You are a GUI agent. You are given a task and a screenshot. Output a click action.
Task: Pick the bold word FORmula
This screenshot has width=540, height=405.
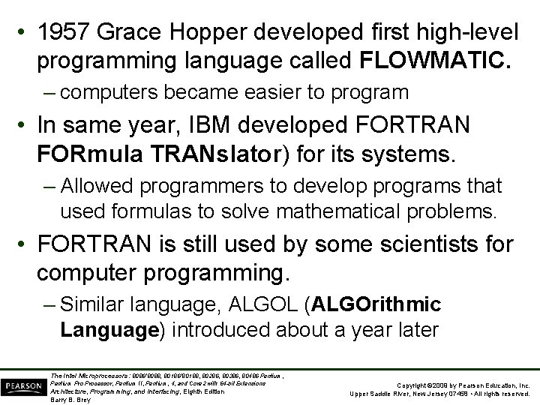click(91, 156)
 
